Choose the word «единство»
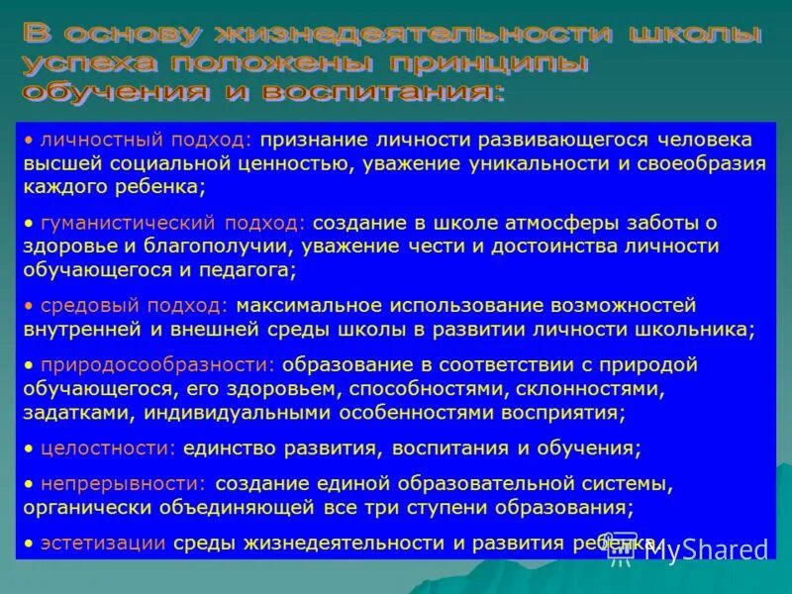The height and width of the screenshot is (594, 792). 229,447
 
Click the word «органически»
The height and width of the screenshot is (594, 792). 88,507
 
